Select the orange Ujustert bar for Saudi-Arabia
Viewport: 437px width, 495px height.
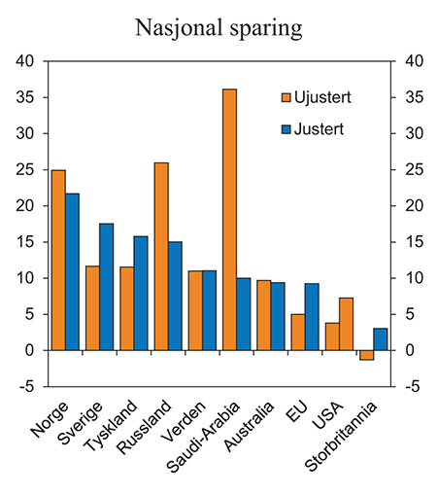tap(230, 220)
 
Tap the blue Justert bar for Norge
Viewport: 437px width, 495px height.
tap(73, 271)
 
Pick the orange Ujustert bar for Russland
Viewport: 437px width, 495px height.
tap(161, 256)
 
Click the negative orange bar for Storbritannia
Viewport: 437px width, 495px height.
tap(366, 355)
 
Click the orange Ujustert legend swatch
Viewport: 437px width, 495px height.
tap(286, 97)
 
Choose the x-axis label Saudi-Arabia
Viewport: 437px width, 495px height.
tap(207, 433)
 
